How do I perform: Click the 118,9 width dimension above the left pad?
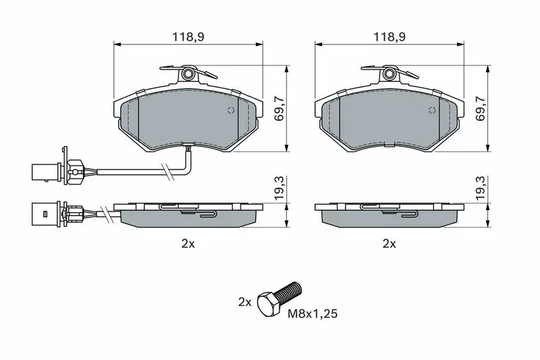[188, 37]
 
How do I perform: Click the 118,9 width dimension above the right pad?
[389, 37]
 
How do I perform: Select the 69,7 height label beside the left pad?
[279, 108]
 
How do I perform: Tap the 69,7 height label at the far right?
[480, 108]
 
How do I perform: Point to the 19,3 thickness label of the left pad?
[279, 188]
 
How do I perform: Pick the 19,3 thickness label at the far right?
[480, 188]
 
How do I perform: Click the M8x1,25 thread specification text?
[313, 313]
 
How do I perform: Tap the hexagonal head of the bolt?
[269, 304]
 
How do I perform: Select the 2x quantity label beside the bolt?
[245, 302]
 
